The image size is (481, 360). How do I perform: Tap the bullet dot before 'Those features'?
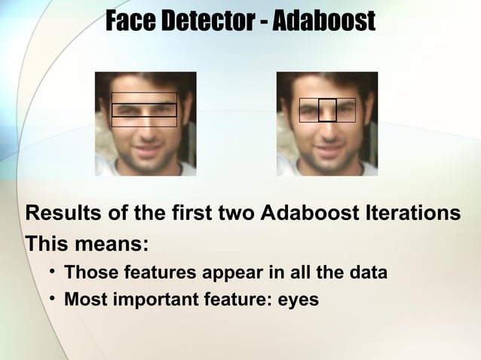point(51,272)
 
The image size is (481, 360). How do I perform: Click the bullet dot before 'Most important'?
point(51,300)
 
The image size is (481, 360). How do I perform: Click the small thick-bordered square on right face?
point(326,110)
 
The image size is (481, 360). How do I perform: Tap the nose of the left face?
point(145,128)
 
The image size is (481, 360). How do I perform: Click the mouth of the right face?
point(327,147)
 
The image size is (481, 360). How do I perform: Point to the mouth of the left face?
point(145,147)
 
